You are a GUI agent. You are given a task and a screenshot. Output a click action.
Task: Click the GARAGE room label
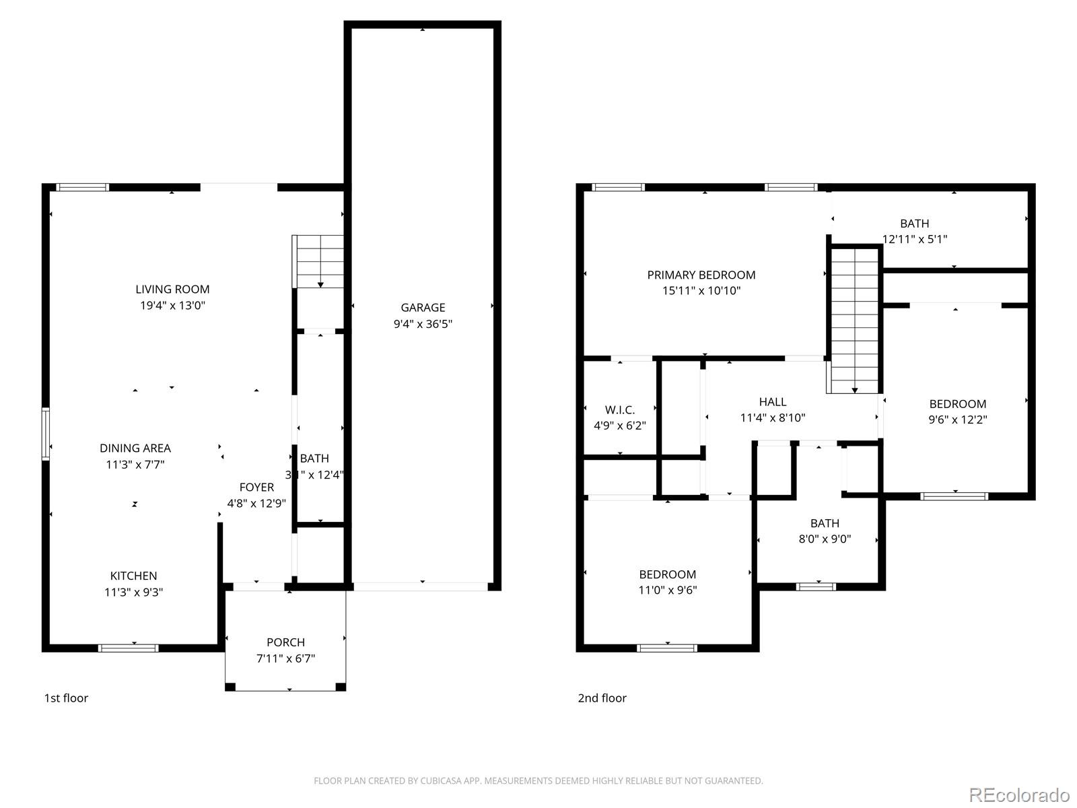click(x=423, y=308)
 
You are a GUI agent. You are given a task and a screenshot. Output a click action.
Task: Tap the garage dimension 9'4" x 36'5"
click(x=423, y=324)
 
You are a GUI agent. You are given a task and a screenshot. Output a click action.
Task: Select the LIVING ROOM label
click(x=172, y=290)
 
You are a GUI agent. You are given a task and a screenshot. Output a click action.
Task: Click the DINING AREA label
click(x=135, y=448)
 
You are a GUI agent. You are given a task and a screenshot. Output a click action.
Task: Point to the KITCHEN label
click(x=134, y=576)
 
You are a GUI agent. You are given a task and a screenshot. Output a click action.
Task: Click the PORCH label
click(x=285, y=642)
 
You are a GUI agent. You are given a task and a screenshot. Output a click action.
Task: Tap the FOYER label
click(x=256, y=487)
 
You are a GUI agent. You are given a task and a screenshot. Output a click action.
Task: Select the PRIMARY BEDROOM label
click(x=701, y=275)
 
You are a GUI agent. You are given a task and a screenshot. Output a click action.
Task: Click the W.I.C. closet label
click(x=619, y=410)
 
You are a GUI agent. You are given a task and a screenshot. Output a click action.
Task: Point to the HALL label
click(x=772, y=402)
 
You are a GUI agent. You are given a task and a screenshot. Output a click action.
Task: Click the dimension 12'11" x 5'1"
click(x=914, y=239)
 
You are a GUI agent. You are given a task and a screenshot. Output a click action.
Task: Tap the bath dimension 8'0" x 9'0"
click(x=825, y=539)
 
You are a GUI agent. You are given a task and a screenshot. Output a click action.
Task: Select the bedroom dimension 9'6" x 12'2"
click(x=957, y=419)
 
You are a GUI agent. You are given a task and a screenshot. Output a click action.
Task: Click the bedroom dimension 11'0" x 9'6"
click(x=667, y=591)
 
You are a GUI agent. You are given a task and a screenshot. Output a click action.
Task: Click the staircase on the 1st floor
click(x=319, y=261)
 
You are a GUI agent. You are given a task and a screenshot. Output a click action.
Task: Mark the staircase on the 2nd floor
click(x=854, y=320)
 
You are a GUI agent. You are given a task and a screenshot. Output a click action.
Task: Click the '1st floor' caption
click(x=66, y=698)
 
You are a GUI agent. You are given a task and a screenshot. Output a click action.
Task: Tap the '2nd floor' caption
click(x=602, y=698)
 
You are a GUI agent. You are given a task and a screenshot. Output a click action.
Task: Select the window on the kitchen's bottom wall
click(x=129, y=648)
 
